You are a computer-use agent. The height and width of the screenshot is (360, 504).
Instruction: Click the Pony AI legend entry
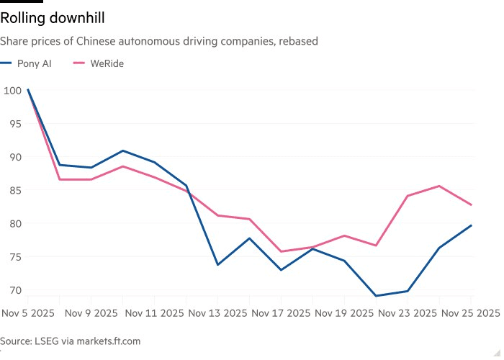point(34,63)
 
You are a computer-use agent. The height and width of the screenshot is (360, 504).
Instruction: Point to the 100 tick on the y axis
point(12,91)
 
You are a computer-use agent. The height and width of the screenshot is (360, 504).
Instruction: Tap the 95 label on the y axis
point(14,124)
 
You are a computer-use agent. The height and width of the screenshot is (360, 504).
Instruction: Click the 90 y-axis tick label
point(14,157)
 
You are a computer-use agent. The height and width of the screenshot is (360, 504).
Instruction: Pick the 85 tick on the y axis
point(14,190)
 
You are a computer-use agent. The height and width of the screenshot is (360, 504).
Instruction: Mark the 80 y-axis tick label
point(14,223)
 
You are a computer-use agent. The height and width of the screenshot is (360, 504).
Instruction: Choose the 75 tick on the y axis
point(14,257)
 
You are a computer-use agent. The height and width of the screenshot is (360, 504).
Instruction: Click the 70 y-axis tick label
point(14,290)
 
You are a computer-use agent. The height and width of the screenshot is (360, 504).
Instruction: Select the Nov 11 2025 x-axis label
point(155,313)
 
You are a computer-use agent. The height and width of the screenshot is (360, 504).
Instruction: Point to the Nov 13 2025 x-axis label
point(217,313)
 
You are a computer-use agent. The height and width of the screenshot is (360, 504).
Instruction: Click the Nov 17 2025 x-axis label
point(282,313)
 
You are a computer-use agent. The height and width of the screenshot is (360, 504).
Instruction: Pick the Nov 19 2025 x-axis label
point(345,313)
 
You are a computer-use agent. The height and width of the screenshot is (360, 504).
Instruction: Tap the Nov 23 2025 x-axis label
point(408,313)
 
